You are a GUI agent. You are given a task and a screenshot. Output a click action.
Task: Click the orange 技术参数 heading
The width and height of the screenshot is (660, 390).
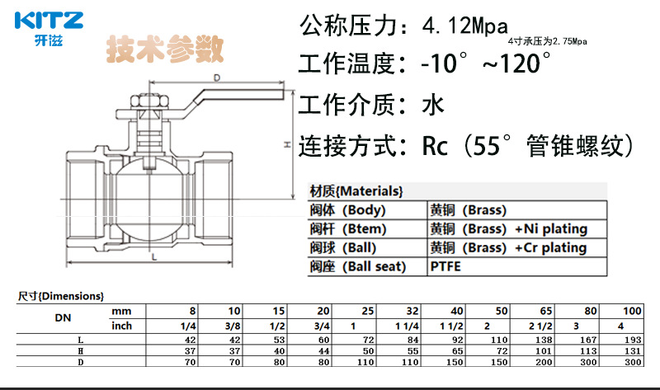164,49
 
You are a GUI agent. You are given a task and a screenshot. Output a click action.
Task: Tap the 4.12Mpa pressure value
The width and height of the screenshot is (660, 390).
465,26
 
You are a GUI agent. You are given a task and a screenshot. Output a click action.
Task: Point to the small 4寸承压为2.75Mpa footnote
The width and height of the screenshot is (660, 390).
547,41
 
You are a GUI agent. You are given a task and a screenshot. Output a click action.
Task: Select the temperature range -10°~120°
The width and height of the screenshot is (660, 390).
486,63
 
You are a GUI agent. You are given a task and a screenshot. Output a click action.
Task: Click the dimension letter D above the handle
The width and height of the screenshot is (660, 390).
217,78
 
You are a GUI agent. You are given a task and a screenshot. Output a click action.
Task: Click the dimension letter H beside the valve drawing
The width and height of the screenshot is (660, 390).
287,144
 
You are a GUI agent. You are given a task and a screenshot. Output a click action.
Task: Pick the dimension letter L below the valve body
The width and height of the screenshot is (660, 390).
154,256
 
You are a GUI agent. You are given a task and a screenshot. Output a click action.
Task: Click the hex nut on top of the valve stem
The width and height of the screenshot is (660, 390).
149,100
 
